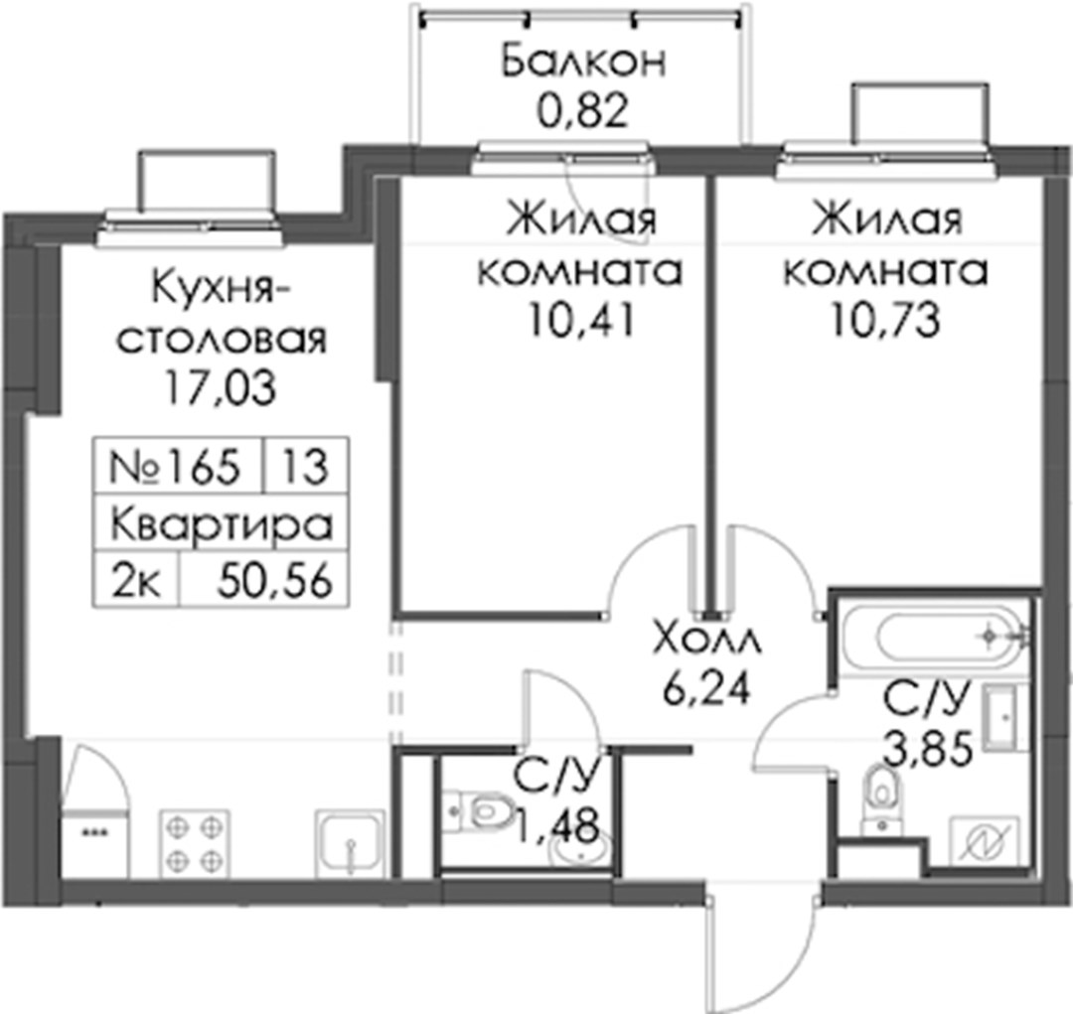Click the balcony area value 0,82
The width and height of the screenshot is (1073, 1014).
tap(582, 112)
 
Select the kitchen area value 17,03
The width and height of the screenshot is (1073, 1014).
tap(220, 388)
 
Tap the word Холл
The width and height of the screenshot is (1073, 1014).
tap(707, 641)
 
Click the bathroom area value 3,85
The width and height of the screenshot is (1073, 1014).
tap(928, 752)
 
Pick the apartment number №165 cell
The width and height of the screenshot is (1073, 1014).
tap(177, 469)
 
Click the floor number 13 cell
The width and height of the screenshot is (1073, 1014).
tap(306, 469)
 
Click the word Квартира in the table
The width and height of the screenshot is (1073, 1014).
tap(221, 524)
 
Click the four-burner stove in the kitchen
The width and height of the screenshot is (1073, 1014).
tap(195, 843)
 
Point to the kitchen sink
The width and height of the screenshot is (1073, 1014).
tap(350, 843)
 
